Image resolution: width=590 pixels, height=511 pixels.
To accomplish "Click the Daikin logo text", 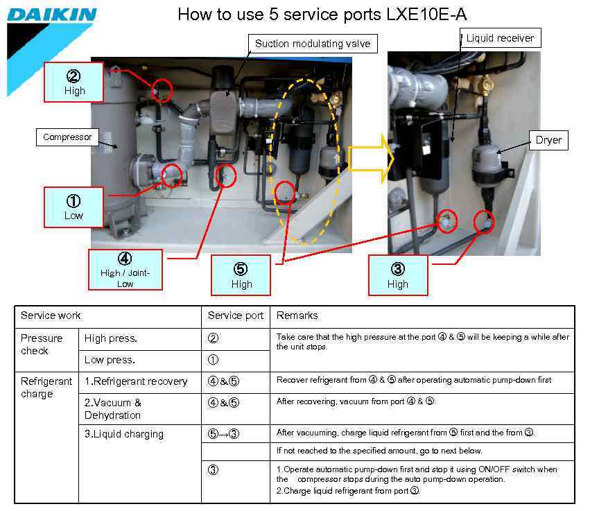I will [51, 15].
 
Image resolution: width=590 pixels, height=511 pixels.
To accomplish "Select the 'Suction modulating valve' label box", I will [313, 44].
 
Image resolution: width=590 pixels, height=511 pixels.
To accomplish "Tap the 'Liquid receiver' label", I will [499, 38].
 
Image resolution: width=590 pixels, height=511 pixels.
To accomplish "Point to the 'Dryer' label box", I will [548, 140].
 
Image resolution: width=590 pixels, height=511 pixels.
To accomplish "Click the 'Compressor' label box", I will [67, 137].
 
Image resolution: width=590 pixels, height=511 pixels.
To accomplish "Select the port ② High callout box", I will [75, 83].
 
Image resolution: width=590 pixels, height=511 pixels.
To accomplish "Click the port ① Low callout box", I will [73, 207].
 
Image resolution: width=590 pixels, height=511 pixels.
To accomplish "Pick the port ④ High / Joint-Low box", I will [125, 269].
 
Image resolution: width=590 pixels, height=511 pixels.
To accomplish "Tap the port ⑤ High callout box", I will [241, 275].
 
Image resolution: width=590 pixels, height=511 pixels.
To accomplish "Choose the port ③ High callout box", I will [398, 275].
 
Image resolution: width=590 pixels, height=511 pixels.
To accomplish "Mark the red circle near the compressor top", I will [162, 89].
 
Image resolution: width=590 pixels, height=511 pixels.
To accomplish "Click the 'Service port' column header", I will [235, 315].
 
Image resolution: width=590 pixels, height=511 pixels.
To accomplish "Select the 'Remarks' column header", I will [297, 315].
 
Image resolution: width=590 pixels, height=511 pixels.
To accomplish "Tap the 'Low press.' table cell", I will [110, 361].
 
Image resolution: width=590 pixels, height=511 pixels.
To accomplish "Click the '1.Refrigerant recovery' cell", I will [136, 381].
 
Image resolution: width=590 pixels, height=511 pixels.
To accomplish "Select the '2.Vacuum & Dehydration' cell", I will [113, 409].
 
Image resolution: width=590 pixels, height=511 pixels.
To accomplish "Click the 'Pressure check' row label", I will [42, 345].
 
